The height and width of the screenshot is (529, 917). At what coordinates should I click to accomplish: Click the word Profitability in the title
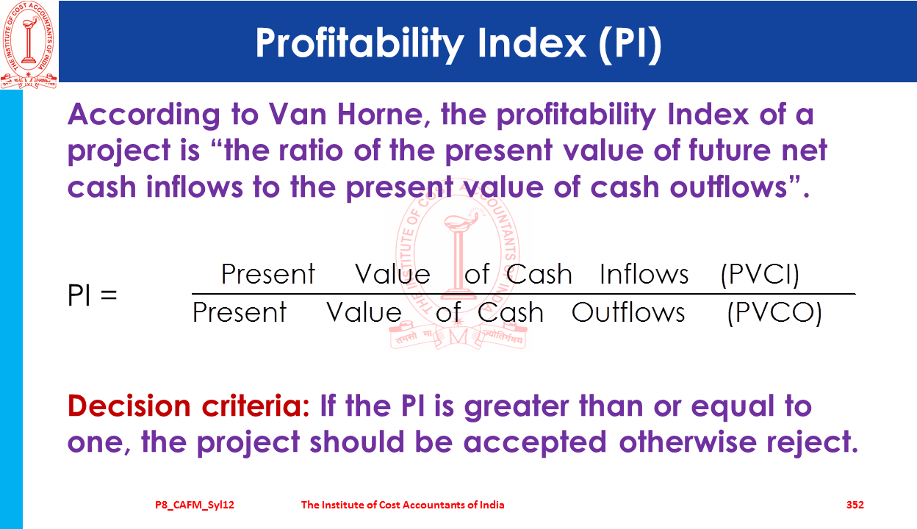point(360,44)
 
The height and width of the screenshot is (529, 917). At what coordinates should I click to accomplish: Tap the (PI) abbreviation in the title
point(630,44)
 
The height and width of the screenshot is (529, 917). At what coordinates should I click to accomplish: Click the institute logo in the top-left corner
point(29,44)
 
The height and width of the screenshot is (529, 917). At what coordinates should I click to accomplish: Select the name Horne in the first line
point(384,114)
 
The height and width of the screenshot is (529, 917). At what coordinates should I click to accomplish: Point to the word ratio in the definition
point(311,151)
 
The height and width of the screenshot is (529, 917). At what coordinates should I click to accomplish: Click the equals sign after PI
point(109,295)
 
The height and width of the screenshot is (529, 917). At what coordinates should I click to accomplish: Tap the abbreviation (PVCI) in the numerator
point(760,274)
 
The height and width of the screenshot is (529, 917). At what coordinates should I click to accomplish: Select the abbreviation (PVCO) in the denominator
point(774,313)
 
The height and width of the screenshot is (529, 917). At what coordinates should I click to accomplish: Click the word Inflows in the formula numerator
point(644,274)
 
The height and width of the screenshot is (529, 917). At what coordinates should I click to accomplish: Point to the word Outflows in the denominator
point(628,312)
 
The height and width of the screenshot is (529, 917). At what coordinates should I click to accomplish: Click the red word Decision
point(129,406)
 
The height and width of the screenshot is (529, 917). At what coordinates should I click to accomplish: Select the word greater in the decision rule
point(517,407)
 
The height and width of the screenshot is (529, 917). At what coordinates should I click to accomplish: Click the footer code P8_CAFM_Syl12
point(195,505)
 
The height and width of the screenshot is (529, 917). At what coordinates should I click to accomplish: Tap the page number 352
point(855,505)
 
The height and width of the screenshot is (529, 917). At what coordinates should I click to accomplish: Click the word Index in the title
point(532,44)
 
